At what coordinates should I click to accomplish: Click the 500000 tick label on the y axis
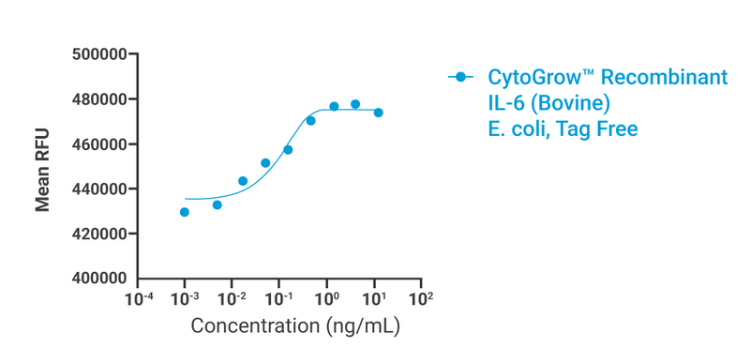pos(99,54)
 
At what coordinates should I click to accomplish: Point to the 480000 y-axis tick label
pos(99,99)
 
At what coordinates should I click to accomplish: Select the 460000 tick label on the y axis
pos(99,144)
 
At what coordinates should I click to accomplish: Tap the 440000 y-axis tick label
pos(99,189)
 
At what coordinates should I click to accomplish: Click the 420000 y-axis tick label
pos(99,234)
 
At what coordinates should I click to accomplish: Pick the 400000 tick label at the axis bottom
pos(99,279)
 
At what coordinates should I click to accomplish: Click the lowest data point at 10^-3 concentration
pos(185,212)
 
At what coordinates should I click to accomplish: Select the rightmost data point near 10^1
pos(379,113)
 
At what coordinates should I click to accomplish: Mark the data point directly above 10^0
pos(334,106)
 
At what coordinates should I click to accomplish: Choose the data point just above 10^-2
pos(243,181)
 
